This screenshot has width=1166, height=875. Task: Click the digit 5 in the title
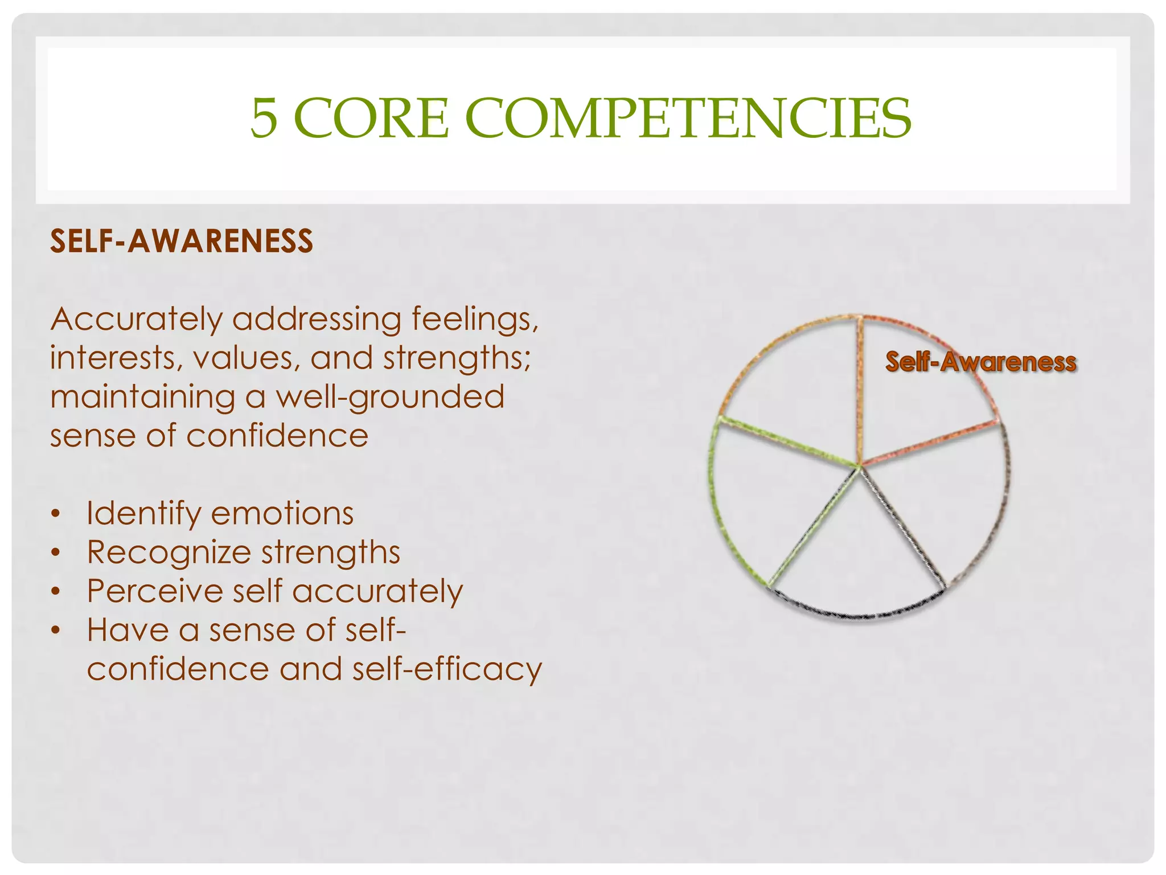(265, 118)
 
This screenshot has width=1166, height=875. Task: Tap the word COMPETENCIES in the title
(688, 118)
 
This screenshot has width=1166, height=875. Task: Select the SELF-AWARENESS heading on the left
(182, 241)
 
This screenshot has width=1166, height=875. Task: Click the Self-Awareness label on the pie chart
(980, 362)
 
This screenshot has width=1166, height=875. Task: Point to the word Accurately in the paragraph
(136, 320)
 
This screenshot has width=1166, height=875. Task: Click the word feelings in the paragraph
(475, 320)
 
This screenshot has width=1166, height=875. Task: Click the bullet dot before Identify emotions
(55, 514)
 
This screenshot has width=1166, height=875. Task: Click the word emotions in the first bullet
(282, 514)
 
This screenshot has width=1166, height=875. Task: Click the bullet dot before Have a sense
(55, 631)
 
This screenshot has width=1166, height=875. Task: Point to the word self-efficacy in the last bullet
(447, 669)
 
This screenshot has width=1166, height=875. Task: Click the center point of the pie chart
(859, 467)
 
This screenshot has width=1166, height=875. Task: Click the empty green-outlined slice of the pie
(774, 501)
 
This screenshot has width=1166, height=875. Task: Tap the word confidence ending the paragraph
(277, 436)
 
